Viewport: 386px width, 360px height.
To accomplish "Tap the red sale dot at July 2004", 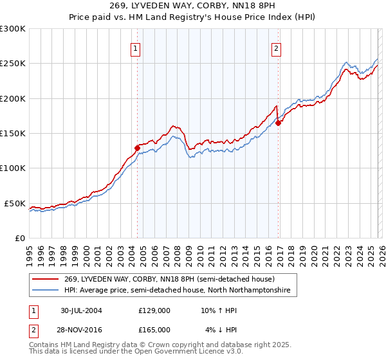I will [137, 148].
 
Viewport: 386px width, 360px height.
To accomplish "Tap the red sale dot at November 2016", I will [278, 123].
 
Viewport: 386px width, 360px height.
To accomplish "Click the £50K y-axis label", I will [15, 203].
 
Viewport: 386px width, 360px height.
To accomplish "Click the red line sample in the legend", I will [46, 279].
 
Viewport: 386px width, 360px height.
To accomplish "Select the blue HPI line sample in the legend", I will [46, 291].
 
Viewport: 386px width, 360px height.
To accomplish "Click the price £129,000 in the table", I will [154, 310].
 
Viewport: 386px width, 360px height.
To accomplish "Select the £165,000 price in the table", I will [154, 329].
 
